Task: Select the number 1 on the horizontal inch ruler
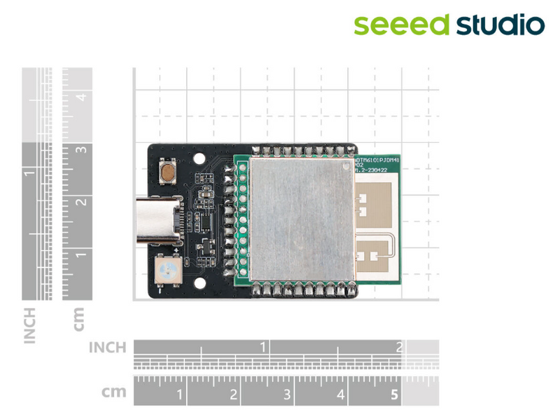263,347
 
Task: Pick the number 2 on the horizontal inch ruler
399,347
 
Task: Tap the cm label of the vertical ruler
78,319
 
